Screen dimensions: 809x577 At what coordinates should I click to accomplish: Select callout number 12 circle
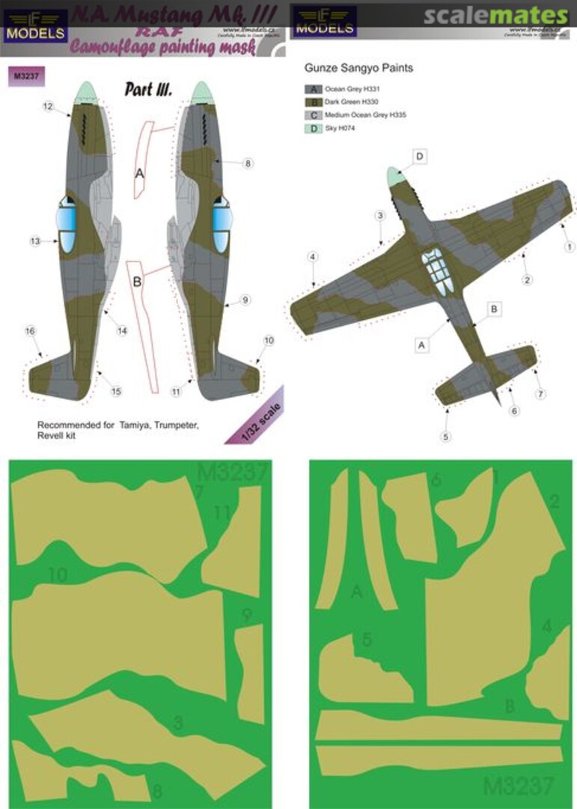pos(46,108)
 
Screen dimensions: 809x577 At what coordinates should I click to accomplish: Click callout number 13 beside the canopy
pos(34,241)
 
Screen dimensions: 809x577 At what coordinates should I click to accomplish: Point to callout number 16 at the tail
pos(30,331)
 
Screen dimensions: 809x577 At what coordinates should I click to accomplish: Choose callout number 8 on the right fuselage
pos(248,163)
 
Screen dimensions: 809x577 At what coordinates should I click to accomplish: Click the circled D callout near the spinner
pos(420,156)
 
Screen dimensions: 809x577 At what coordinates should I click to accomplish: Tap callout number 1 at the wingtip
pos(570,246)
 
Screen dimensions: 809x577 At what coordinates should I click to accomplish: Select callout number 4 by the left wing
pos(312,258)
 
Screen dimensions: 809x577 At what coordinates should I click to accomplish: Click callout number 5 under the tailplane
pos(446,436)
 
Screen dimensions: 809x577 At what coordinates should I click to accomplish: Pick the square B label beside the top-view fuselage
pos(493,308)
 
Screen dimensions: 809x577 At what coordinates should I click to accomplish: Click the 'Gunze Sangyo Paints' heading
pos(358,68)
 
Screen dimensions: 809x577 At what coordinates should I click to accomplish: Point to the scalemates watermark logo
pos(495,16)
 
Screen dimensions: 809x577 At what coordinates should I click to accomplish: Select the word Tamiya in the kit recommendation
pos(130,425)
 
